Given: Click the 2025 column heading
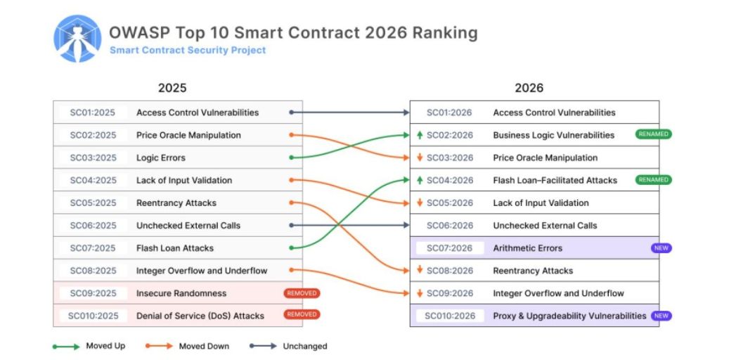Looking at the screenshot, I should coord(172,88).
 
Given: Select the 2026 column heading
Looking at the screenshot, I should coord(529,88).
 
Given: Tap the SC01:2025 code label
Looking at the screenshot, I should coord(93,112).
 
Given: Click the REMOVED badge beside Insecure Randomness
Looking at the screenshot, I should coord(302,293).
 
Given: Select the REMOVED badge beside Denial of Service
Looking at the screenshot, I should coord(302,314).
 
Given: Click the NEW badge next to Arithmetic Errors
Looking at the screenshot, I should coord(661,248).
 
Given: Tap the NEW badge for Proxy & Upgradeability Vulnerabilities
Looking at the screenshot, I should coord(661,316).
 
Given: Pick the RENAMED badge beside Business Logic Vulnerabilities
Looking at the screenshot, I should coord(654,134).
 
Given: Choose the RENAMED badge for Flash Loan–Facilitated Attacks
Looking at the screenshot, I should coord(654,180).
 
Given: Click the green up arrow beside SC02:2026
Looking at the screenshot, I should coord(420,135).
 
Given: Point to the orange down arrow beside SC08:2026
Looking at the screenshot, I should coord(420,271).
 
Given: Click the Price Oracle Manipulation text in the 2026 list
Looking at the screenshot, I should coord(545,157).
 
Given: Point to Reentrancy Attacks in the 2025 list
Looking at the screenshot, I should coord(176,203).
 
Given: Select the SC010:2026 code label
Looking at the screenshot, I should coord(450,316).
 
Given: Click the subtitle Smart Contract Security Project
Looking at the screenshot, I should coord(188,51).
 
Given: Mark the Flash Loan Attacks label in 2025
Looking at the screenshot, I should coord(175,248).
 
